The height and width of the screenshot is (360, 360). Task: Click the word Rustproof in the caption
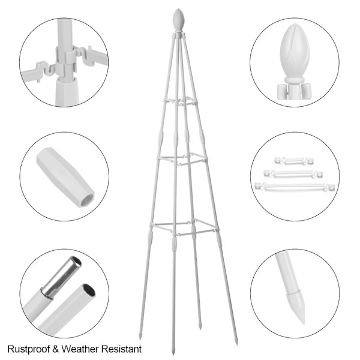(29, 349)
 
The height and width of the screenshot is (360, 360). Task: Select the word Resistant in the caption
(121, 349)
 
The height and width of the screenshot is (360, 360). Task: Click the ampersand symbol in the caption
(56, 349)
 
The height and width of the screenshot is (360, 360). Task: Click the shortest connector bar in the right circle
(294, 161)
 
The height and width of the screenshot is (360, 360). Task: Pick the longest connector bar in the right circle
(295, 186)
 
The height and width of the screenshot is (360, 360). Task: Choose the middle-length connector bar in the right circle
(293, 173)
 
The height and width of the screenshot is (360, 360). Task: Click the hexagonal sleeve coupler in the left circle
(65, 177)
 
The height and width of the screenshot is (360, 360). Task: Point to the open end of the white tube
(89, 290)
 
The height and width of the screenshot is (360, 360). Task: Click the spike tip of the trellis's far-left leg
(140, 338)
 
